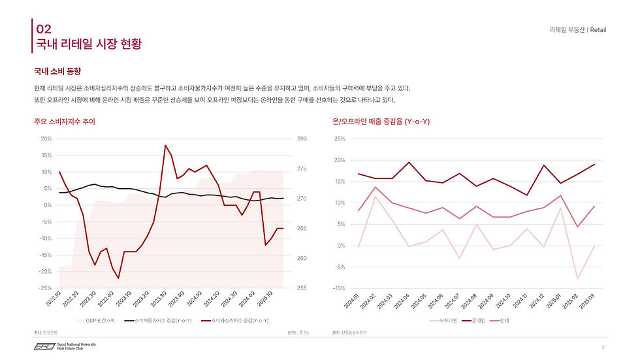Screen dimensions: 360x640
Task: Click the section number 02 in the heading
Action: tap(43, 29)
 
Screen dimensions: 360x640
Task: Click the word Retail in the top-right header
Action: tap(598, 30)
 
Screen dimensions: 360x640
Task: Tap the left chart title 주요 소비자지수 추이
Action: tap(69, 122)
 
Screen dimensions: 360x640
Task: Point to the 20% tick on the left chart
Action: tap(46, 139)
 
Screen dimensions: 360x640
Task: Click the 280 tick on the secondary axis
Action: tap(302, 139)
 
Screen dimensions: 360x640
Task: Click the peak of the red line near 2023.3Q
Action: tap(165, 145)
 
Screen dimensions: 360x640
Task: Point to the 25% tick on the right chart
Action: tap(339, 139)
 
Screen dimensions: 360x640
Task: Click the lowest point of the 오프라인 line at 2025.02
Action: tap(577, 279)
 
